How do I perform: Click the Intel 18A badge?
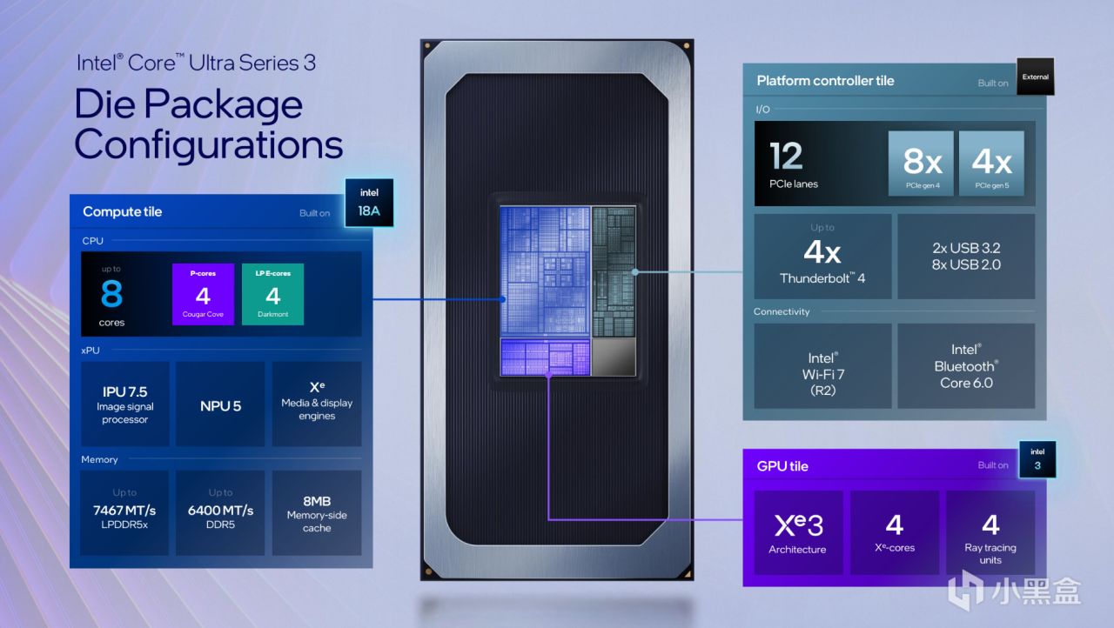pos(369,202)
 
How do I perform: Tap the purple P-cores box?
pos(203,294)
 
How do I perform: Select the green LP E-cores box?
pos(272,294)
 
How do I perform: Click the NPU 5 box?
pos(220,404)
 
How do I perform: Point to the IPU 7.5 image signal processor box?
pos(124,404)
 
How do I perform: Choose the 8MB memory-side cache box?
pos(317,512)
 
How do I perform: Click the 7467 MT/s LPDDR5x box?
pos(124,512)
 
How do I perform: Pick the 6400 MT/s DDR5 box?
pos(220,512)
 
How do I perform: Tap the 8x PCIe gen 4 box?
pos(922,164)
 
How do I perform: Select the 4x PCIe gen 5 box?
pos(991,164)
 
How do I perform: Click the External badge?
pos(1035,77)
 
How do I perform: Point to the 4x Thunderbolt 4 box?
pos(822,257)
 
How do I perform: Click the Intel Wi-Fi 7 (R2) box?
pos(822,366)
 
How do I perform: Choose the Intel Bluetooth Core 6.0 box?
pos(966,366)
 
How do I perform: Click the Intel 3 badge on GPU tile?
pos(1037,459)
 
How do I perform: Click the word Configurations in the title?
pos(209,144)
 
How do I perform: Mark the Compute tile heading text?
pos(122,211)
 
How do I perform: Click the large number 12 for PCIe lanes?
pos(786,157)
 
